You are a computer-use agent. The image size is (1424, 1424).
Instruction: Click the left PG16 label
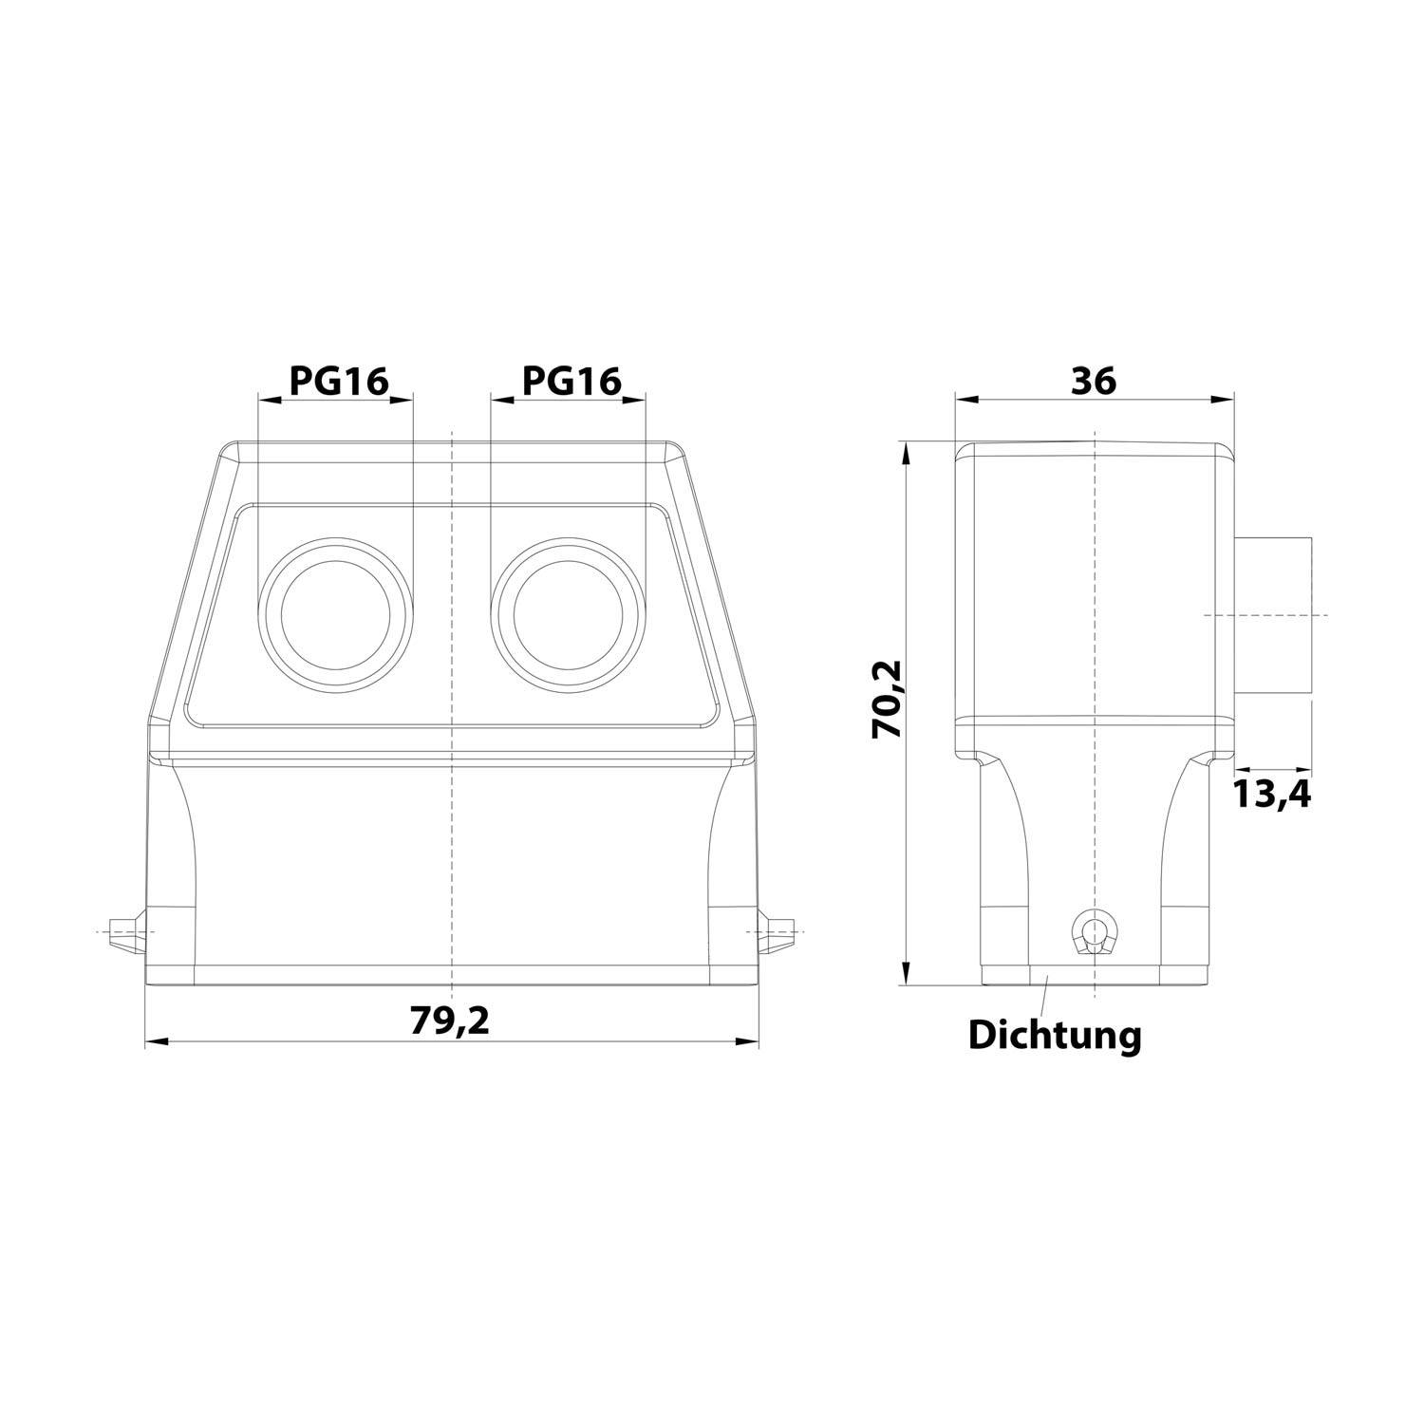pyautogui.click(x=338, y=381)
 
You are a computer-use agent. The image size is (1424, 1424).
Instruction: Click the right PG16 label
pyautogui.click(x=571, y=381)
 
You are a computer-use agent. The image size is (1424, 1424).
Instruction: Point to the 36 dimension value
pyautogui.click(x=1094, y=381)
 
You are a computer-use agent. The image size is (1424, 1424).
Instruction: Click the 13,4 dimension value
pyautogui.click(x=1272, y=793)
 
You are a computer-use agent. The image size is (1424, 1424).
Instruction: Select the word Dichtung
pyautogui.click(x=1054, y=1035)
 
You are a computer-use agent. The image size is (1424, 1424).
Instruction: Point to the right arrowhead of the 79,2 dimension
pyautogui.click(x=748, y=1041)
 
